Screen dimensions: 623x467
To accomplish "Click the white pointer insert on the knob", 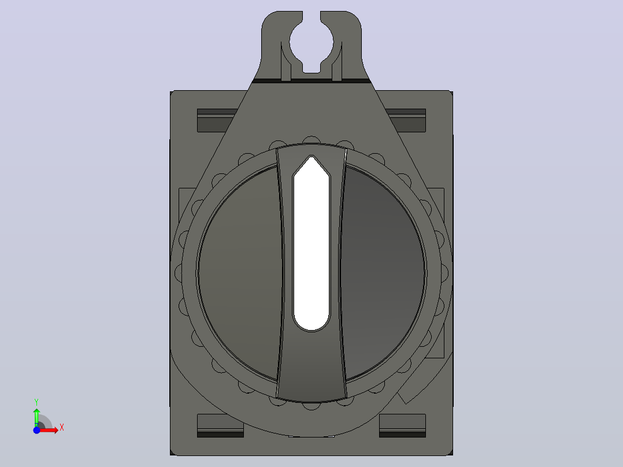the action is pos(311,243).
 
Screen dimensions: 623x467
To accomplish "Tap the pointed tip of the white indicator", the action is pos(311,157).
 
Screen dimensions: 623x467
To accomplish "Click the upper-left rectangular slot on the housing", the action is pos(217,120).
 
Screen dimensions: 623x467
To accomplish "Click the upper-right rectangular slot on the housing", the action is pos(406,120).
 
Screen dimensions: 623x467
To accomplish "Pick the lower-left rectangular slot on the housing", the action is pos(220,425).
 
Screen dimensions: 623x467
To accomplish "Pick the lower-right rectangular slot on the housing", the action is pos(402,425).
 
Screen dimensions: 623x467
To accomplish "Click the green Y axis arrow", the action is pos(36,417).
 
